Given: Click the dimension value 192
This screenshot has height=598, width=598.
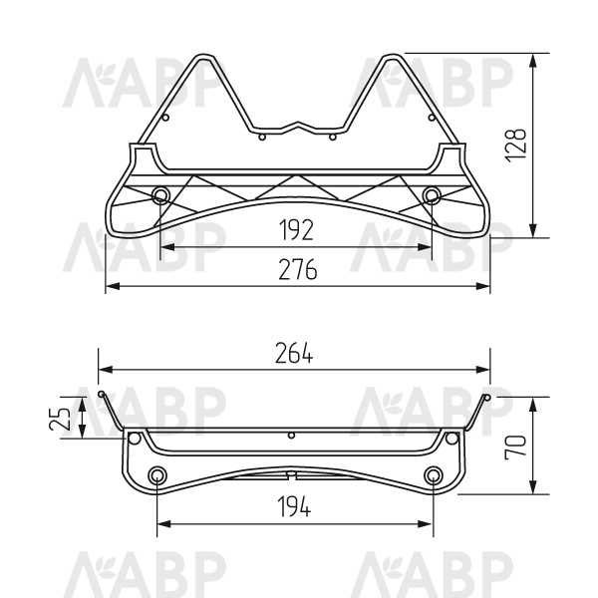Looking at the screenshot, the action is [296, 230].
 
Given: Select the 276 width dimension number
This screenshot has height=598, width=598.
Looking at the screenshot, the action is [297, 269].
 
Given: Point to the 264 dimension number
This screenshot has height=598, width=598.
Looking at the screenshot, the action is [294, 353].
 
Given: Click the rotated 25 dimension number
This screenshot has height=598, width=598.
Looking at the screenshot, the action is [60, 419].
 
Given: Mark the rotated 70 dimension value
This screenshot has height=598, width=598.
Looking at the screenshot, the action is [515, 447].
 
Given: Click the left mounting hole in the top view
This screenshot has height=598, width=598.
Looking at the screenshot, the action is [159, 195].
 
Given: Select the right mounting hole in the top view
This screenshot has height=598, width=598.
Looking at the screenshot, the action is [432, 195].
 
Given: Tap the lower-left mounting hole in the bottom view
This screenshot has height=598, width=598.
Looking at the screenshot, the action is [156, 474].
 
